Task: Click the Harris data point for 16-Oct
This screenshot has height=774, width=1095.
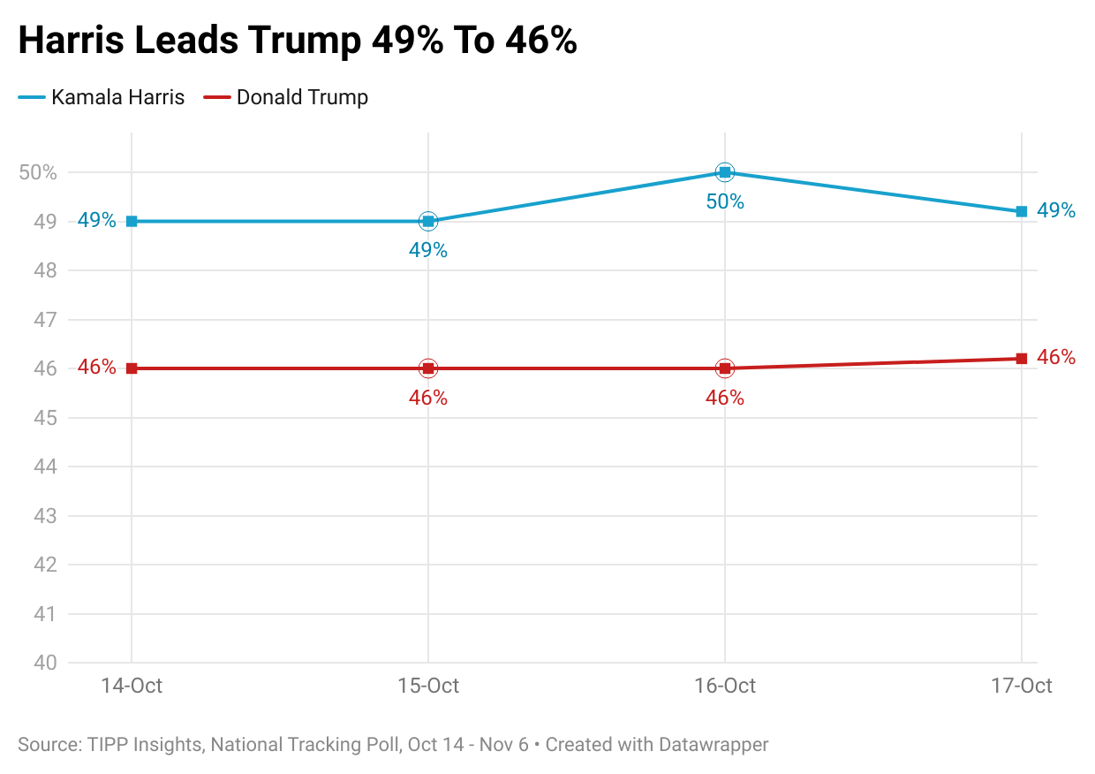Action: [x=725, y=171]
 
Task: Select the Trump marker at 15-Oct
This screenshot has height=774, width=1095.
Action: [x=428, y=368]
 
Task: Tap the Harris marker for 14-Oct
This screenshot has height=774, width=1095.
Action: [x=132, y=221]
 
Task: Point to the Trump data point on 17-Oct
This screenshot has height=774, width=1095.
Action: [x=1022, y=358]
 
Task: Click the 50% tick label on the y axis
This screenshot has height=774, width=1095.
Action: [x=38, y=172]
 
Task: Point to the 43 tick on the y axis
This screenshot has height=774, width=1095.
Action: [x=45, y=515]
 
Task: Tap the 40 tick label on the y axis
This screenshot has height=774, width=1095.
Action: [x=45, y=663]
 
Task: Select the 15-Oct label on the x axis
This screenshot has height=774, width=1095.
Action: [x=428, y=686]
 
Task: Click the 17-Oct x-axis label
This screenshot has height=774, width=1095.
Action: [x=1023, y=686]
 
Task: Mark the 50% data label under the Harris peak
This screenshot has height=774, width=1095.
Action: [x=725, y=201]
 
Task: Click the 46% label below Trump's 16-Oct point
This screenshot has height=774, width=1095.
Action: [x=725, y=398]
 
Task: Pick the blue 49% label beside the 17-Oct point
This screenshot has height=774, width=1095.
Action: [x=1056, y=210]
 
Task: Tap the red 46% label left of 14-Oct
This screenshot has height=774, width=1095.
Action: [x=96, y=367]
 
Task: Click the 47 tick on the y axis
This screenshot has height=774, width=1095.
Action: [x=45, y=319]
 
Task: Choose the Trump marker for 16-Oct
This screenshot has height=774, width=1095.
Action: [x=725, y=368]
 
